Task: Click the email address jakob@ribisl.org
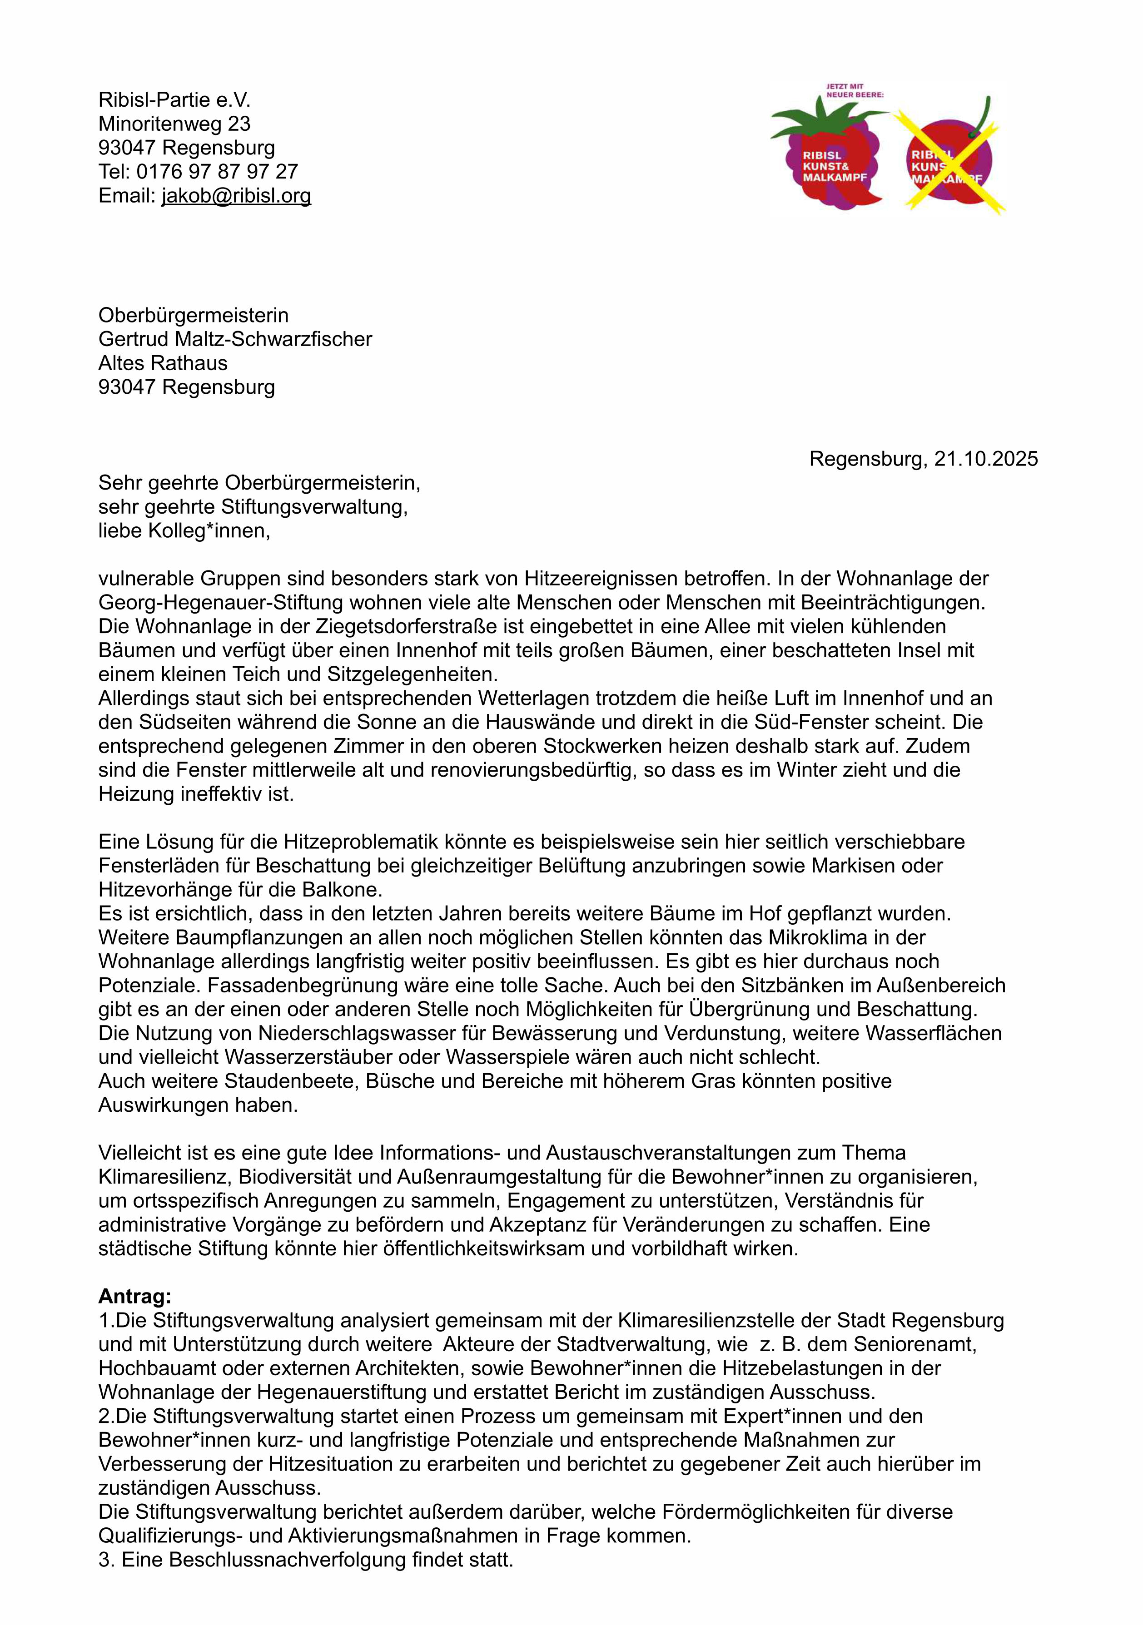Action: pos(236,196)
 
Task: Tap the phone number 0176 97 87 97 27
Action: pos(217,172)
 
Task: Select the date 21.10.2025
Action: pos(985,459)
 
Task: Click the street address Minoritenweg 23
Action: pos(174,124)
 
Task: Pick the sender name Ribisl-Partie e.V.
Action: pos(174,100)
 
